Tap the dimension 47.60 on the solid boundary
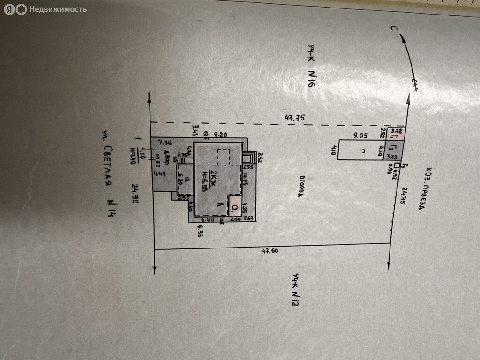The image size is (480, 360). click(x=270, y=251)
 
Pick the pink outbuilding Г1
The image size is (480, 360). click(x=396, y=136)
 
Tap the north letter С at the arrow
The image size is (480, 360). click(x=395, y=30)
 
